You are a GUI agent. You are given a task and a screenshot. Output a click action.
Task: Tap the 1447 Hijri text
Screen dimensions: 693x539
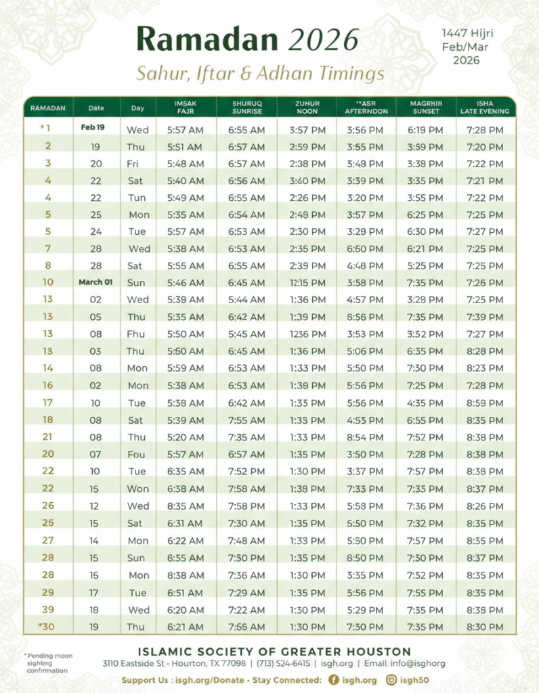467,33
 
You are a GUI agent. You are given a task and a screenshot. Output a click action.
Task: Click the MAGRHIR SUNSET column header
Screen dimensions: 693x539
427,108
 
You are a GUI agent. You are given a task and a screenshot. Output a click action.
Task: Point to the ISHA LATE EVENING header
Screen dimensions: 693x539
484,108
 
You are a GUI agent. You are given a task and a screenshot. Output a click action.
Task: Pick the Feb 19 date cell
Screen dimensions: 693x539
93,127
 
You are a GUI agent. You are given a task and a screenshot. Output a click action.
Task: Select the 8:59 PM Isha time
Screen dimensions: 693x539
485,403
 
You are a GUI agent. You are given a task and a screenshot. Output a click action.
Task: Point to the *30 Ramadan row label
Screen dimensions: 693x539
47,627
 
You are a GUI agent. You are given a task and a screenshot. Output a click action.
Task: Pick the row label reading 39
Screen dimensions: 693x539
48,610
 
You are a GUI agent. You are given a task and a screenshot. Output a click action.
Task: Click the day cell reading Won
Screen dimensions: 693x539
138,489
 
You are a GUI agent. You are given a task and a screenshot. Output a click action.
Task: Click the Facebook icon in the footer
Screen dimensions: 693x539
333,679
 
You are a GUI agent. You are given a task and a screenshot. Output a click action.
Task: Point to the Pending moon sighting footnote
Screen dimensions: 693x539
49,663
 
